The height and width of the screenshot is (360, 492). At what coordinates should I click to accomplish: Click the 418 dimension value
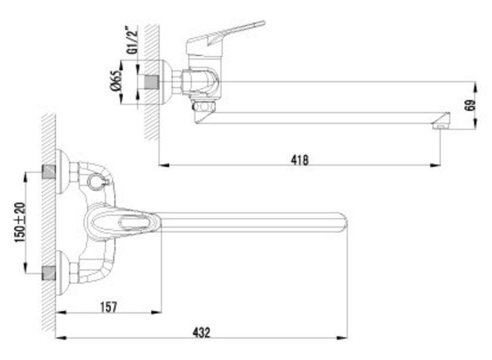click(300, 160)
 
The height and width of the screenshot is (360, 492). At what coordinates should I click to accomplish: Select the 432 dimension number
click(201, 332)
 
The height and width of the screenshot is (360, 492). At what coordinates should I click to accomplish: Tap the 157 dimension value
click(109, 307)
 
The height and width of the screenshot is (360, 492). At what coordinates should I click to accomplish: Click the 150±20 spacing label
click(20, 223)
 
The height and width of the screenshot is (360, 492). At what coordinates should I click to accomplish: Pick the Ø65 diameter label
click(116, 81)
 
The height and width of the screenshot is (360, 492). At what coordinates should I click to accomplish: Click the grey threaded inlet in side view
click(152, 82)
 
